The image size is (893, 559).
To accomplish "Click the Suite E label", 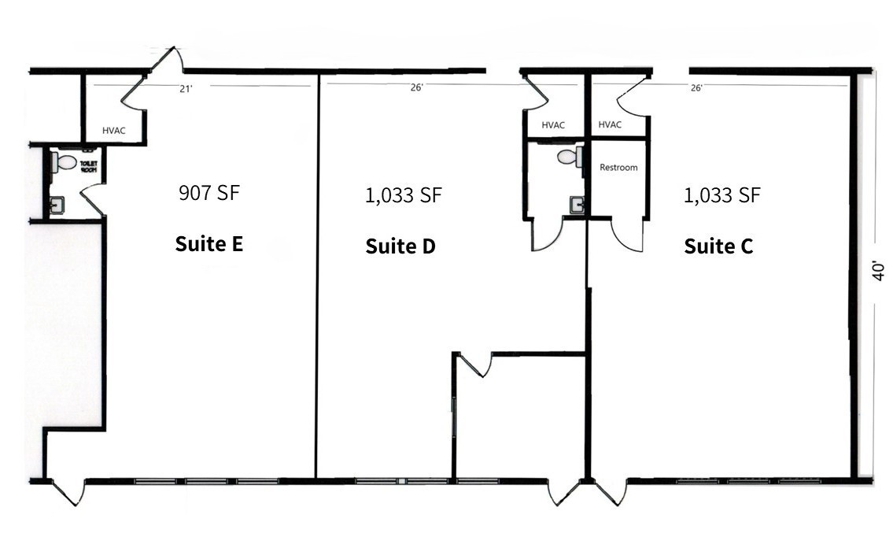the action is (x=209, y=244).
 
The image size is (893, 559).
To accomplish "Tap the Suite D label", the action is (x=400, y=246).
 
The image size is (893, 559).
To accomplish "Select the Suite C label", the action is (x=719, y=246).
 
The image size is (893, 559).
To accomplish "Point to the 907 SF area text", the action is (x=209, y=193).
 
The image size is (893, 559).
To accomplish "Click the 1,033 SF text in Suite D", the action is (x=403, y=195).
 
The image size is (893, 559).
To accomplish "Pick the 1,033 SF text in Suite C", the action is (x=721, y=195).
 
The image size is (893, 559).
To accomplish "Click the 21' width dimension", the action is (x=186, y=89).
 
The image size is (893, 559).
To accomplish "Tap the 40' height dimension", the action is (x=878, y=272).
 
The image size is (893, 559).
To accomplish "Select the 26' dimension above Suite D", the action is (x=417, y=87).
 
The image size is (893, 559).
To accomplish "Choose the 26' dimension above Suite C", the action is (x=696, y=87).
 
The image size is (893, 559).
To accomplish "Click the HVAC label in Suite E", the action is (x=114, y=131).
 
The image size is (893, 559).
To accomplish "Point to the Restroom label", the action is (x=618, y=168).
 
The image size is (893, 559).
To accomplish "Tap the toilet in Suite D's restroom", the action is (x=570, y=157).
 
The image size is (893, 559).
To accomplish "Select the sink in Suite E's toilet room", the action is (x=57, y=205).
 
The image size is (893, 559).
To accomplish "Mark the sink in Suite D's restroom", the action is (x=577, y=205).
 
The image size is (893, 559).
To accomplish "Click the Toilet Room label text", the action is (x=89, y=167).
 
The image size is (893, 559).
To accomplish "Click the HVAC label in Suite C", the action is (x=610, y=125).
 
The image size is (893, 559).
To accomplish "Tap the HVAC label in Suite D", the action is (x=553, y=125).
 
